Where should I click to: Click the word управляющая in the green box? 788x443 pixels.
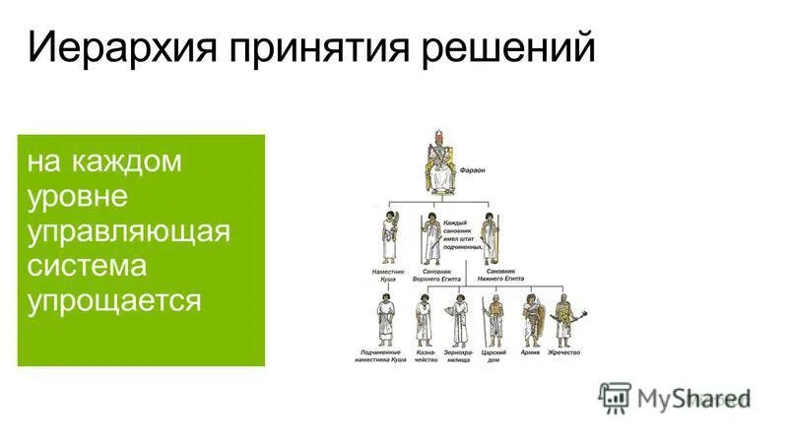click(x=129, y=231)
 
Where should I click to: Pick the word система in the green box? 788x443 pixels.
click(x=88, y=266)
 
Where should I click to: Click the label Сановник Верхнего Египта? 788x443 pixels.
click(x=437, y=275)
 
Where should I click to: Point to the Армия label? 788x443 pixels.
click(x=531, y=350)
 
